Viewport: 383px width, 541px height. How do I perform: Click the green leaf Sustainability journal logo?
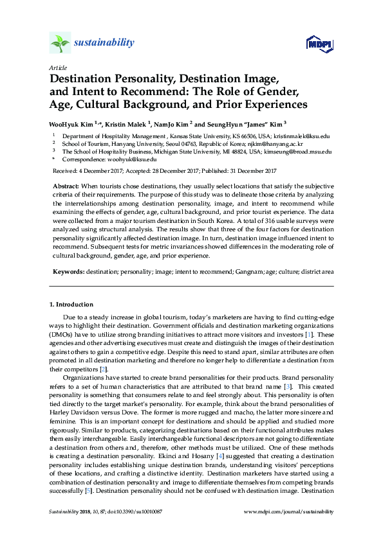[x=60, y=43]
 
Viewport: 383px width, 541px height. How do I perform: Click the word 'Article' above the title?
[x=57, y=67]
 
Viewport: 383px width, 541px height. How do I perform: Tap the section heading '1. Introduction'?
[x=71, y=304]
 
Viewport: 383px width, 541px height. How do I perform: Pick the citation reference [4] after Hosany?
[x=166, y=437]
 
